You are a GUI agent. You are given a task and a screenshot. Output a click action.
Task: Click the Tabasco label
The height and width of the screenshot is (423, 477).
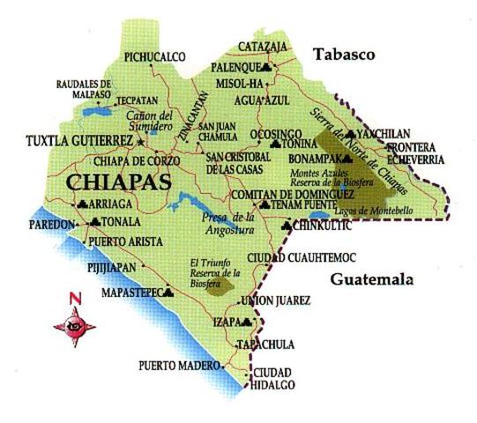click(344, 55)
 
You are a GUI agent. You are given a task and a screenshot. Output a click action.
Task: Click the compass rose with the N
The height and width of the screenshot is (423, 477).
click(74, 323)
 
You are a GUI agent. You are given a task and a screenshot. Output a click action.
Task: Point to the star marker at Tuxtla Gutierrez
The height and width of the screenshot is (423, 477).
click(140, 140)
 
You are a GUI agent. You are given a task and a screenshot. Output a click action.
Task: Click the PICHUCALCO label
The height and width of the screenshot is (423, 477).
click(155, 57)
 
